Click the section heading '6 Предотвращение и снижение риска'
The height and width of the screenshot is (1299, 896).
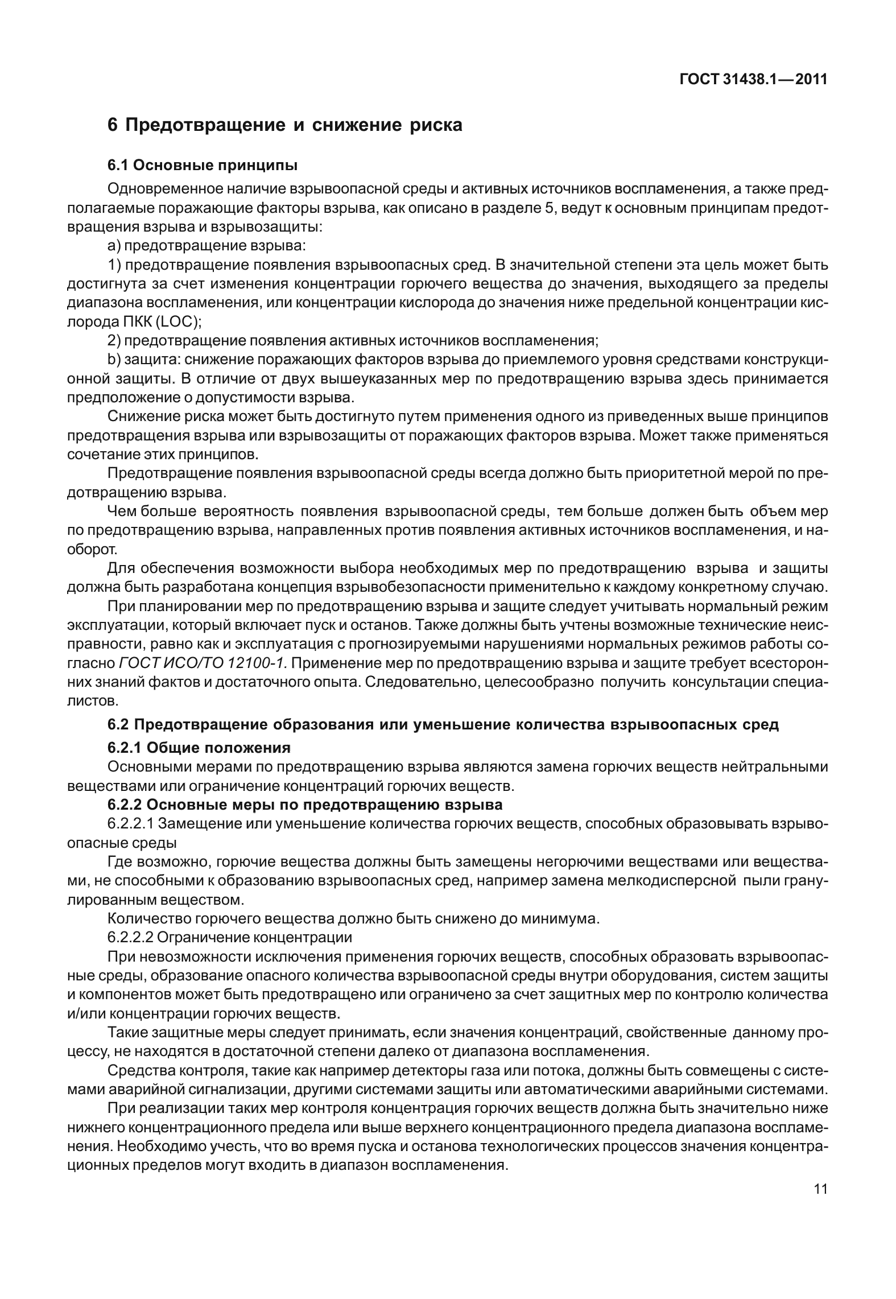(284, 125)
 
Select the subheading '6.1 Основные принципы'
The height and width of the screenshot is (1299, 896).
(203, 166)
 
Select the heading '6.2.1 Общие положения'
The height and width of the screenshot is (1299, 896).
(199, 747)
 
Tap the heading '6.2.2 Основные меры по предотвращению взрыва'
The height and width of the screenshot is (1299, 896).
(305, 805)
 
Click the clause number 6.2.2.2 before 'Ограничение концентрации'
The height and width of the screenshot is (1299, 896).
(130, 937)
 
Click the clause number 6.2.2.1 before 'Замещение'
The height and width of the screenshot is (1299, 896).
(130, 823)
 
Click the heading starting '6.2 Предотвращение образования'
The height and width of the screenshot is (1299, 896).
(443, 725)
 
